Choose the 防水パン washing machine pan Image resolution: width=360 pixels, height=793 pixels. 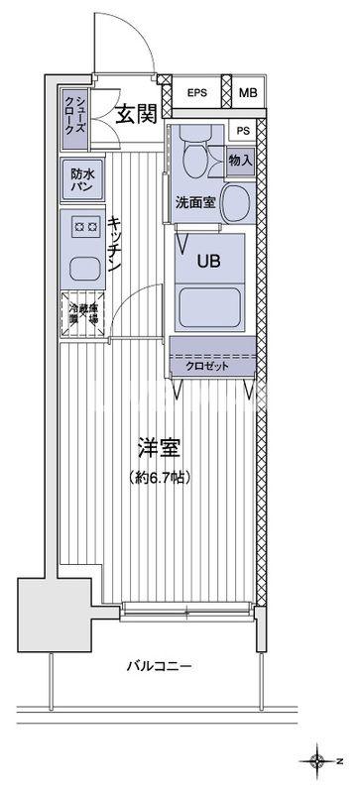tap(80, 178)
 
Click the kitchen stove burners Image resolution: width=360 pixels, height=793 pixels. tap(84, 227)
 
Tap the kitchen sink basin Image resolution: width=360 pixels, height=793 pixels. tap(84, 267)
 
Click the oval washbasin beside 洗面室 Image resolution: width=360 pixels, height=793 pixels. tap(235, 204)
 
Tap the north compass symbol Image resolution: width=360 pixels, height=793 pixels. tap(317, 761)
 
